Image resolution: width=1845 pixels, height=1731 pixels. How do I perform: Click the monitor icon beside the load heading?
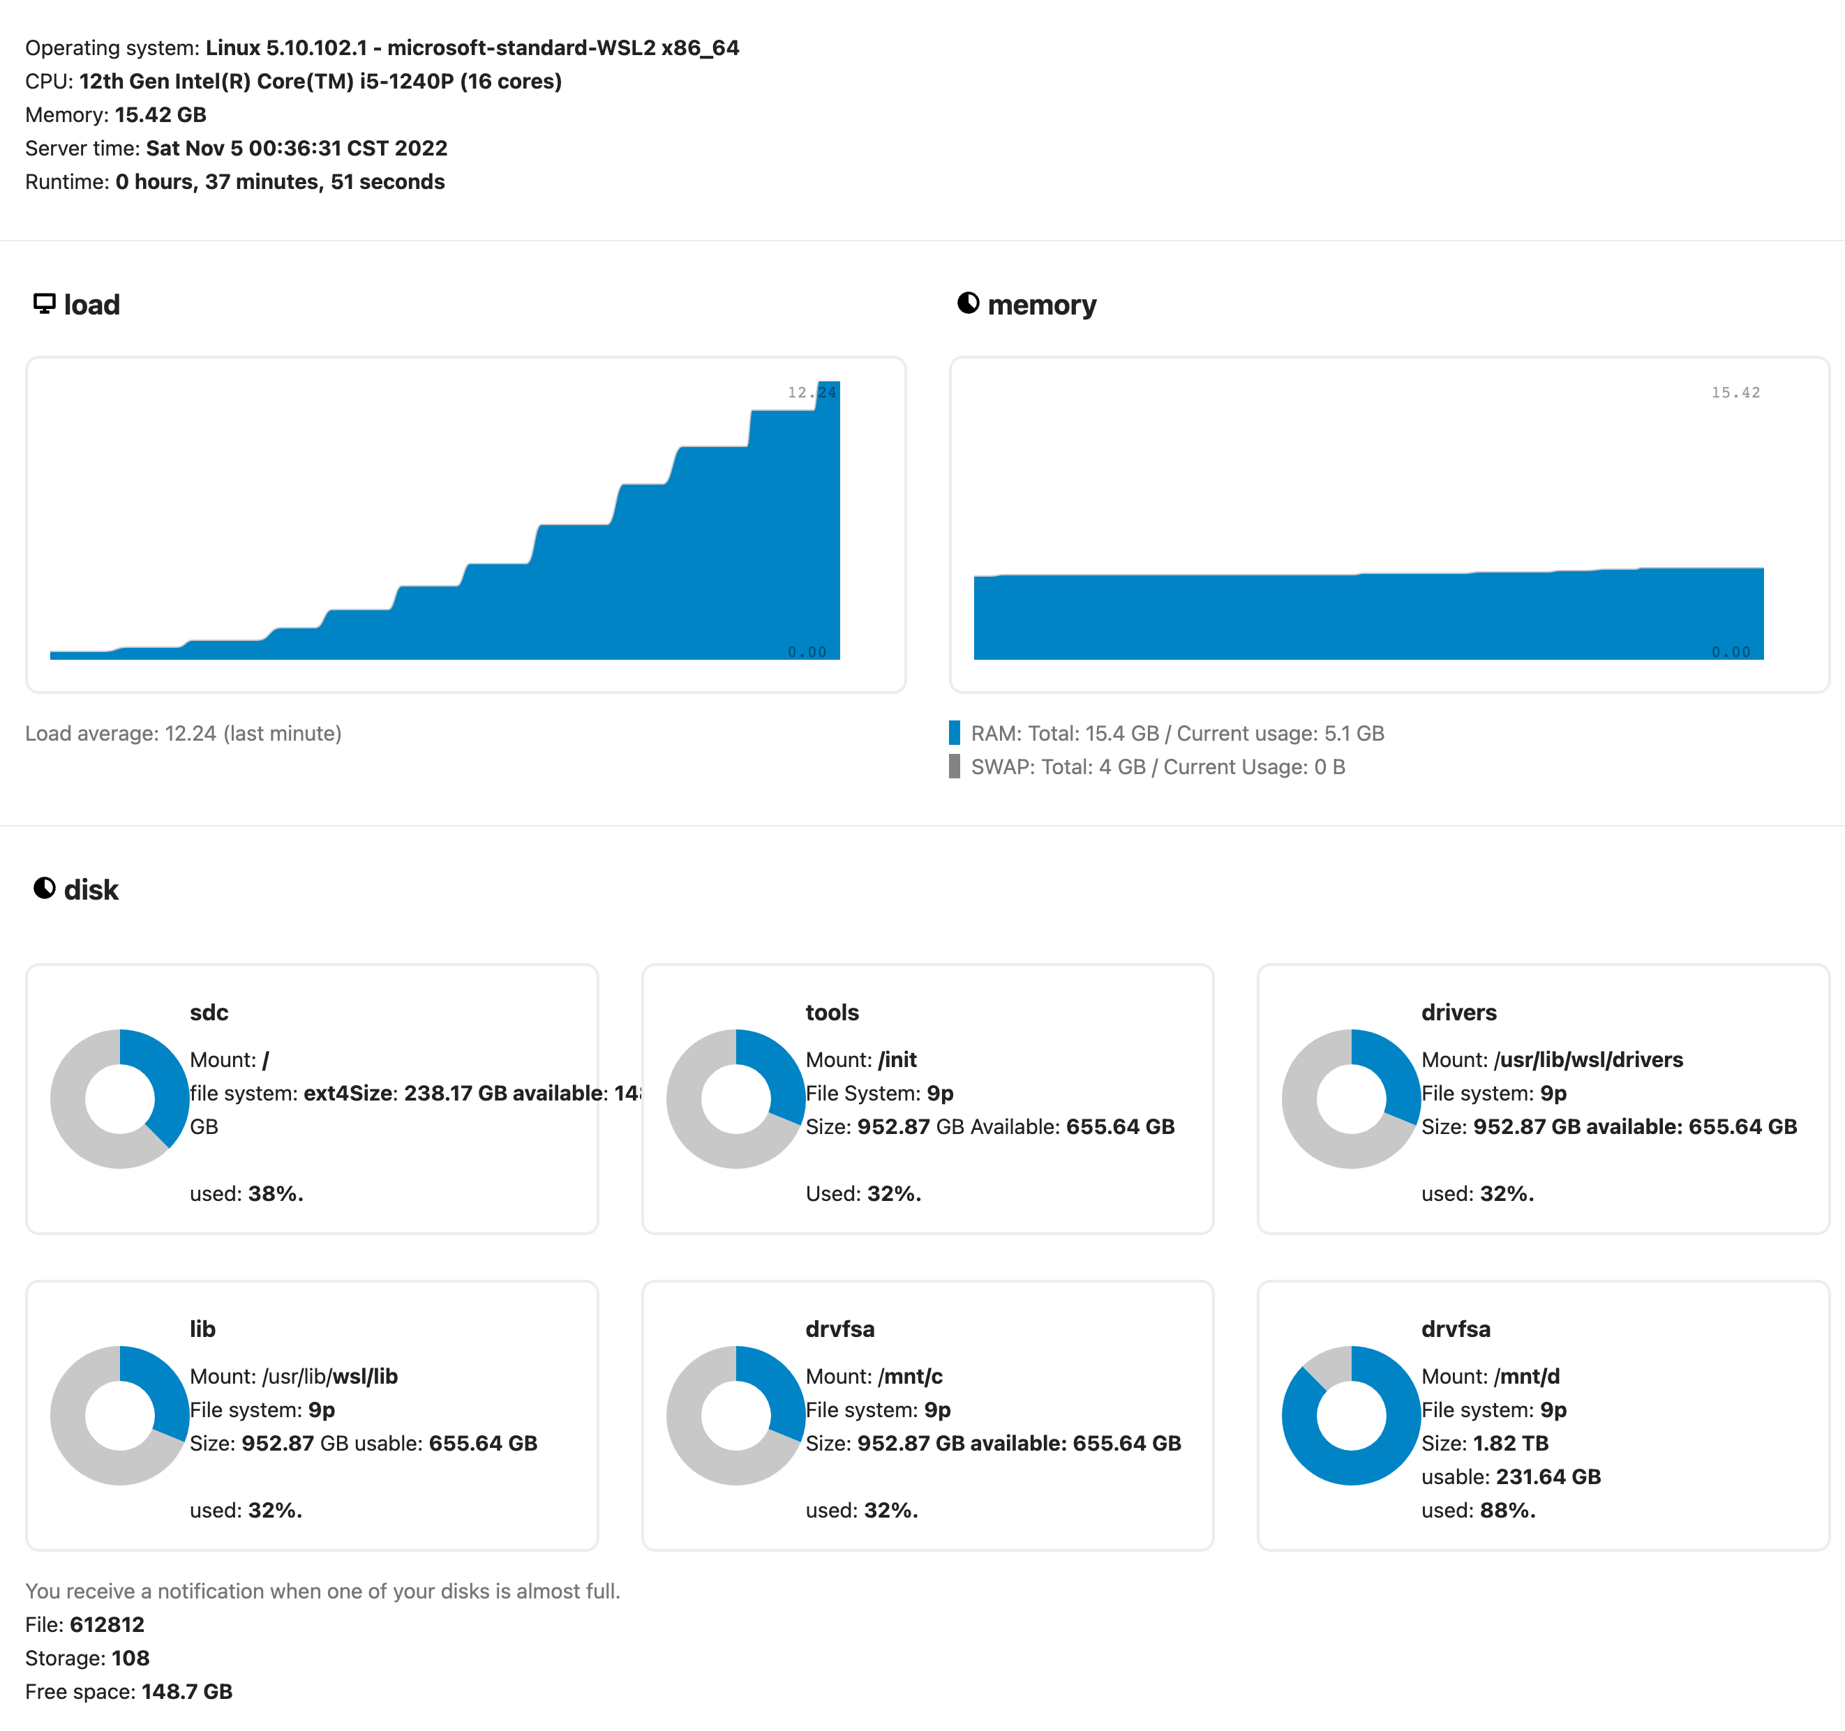pos(44,304)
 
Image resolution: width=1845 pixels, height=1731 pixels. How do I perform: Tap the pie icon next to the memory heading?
pos(968,303)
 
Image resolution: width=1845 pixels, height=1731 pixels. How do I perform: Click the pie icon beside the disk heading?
pos(44,889)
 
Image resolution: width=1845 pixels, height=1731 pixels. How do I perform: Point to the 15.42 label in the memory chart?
pos(1735,393)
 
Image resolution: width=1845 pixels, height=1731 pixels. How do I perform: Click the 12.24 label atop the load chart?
pos(810,393)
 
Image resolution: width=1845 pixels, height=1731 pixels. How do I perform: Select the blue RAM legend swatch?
pos(954,733)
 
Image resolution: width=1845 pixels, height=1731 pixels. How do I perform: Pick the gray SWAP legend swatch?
pos(954,766)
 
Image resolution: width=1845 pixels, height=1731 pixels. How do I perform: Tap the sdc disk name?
pos(209,1012)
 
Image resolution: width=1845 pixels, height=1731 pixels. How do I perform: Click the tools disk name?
pos(832,1012)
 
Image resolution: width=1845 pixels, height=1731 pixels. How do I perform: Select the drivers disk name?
pos(1458,1012)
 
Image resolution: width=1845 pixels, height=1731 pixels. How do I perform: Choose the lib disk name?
pos(202,1329)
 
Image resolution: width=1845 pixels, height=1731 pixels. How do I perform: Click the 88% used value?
pos(1507,1510)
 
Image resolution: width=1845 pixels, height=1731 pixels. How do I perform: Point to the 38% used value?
pos(275,1194)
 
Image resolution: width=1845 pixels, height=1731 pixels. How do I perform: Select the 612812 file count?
pos(107,1624)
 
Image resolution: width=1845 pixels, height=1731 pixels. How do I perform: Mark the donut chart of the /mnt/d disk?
pos(1350,1416)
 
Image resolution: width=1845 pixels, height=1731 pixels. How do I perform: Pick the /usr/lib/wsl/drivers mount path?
pos(1588,1059)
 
